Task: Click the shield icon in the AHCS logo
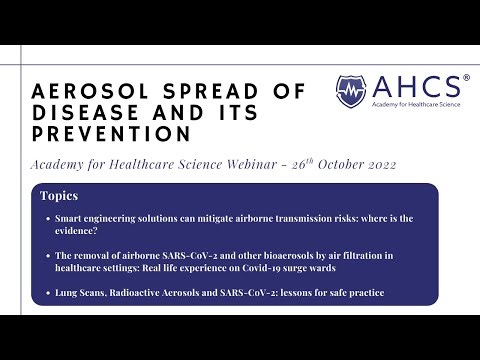(x=351, y=92)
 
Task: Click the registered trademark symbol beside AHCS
(x=466, y=78)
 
